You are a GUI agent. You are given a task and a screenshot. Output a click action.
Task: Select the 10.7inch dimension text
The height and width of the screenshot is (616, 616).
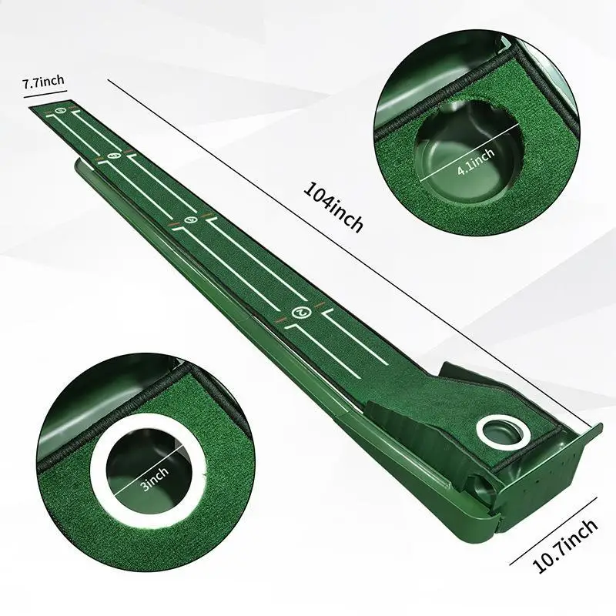[x=565, y=547]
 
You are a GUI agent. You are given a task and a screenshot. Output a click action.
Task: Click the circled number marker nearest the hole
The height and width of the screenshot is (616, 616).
[x=300, y=312]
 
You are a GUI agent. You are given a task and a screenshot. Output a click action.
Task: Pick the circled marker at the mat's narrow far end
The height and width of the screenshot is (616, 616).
[x=61, y=119]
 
